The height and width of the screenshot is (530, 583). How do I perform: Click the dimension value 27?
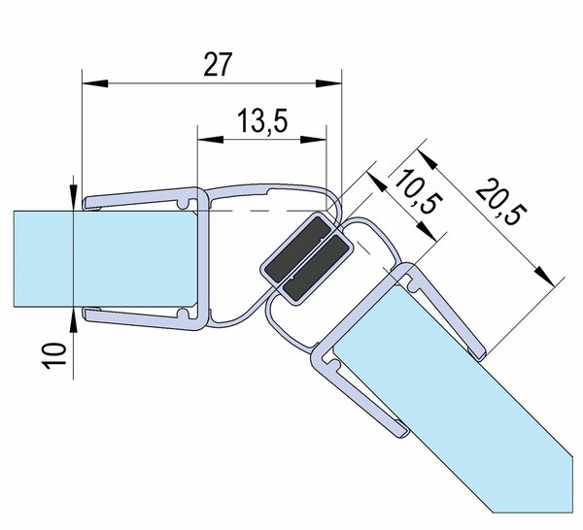pos(218,64)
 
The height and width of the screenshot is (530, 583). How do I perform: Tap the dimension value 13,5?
pos(262,120)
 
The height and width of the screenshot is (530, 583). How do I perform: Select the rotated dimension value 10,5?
pos(418,191)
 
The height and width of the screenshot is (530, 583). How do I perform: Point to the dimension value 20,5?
pos(501,202)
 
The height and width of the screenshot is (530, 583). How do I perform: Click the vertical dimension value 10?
pos(54,356)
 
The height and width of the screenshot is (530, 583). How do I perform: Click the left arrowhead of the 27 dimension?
pos(95,83)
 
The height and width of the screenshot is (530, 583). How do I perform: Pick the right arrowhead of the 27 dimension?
pos(328,83)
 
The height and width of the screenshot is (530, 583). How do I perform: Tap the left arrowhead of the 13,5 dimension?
pos(211,140)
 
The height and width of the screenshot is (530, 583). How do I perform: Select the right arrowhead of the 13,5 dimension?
pos(313,140)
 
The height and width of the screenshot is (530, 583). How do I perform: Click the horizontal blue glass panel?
pos(105,259)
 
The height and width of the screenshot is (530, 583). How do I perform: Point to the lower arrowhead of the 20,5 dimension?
pos(544,276)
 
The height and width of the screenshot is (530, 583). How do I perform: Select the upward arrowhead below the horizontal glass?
pos(74,320)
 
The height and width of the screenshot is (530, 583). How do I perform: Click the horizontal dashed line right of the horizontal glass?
pos(261,211)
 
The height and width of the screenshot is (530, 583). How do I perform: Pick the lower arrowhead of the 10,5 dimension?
pos(425,231)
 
